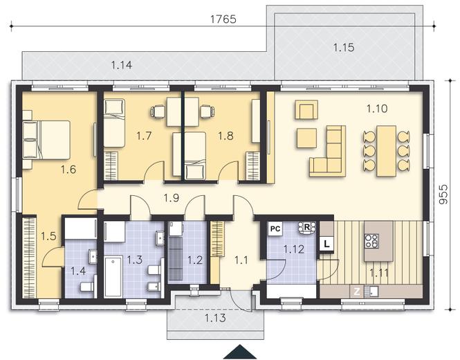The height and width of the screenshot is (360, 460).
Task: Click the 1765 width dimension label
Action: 223,19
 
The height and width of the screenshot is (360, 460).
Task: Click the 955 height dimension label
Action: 444,194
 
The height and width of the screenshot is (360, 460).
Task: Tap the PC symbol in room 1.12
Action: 275,228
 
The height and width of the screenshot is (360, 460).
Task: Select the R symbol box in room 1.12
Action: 307,228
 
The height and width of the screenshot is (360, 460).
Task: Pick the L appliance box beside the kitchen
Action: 326,244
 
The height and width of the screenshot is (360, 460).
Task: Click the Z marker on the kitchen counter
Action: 357,291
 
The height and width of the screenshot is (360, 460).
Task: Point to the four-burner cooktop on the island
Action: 371,240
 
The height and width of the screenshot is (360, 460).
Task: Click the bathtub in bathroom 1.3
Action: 113,276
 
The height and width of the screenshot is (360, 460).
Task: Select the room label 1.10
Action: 377,109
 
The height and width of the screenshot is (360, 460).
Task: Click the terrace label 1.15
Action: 344,47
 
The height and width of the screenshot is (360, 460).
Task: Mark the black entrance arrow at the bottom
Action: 240,352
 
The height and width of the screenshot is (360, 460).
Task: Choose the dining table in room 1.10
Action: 387,151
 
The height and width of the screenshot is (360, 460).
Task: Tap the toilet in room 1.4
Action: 87,286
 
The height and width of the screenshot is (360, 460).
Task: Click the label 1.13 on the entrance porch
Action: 215,318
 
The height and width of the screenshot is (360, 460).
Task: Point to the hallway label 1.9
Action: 172,198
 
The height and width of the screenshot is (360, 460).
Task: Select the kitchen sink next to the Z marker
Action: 371,291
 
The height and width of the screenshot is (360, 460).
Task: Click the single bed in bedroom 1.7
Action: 115,123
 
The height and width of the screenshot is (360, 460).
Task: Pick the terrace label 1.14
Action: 122,65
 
